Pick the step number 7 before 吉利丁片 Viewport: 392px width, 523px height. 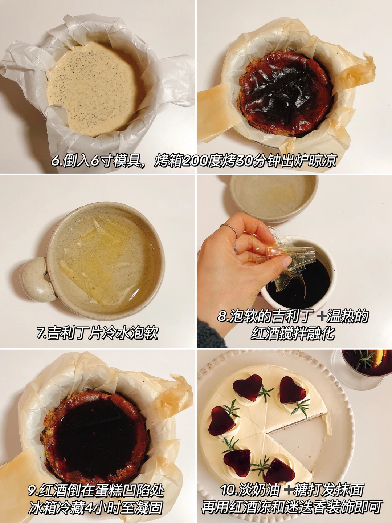40,332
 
